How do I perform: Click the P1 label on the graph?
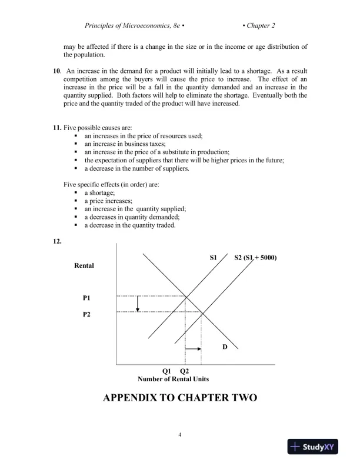[x=86, y=298]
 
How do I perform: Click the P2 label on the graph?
[x=86, y=314]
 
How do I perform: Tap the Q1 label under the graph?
[x=166, y=371]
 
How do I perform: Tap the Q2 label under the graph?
[x=184, y=371]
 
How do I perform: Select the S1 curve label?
[x=214, y=258]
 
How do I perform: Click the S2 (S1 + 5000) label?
[x=256, y=258]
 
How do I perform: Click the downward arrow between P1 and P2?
[x=137, y=304]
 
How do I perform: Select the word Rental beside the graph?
[x=84, y=266]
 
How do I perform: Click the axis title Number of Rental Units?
[x=173, y=380]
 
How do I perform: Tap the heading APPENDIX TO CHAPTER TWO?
[x=180, y=398]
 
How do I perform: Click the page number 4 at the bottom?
[x=180, y=435]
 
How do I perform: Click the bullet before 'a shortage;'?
[x=76, y=192]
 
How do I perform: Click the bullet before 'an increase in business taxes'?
[x=76, y=144]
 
